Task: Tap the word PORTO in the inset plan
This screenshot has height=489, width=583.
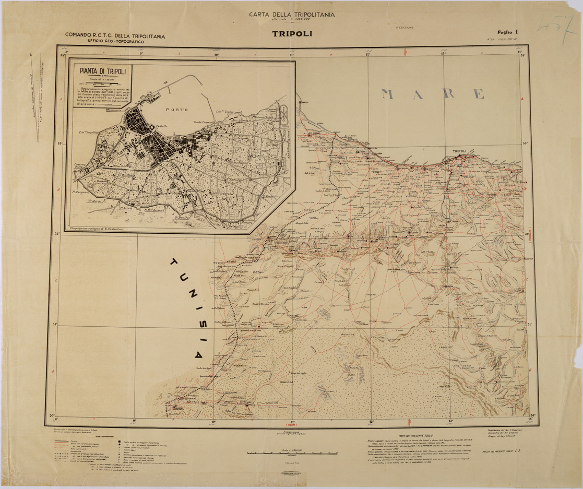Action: [x=176, y=110]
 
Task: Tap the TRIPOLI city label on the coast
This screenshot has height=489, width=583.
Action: [x=460, y=151]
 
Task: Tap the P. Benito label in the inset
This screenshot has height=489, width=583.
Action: [x=182, y=217]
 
